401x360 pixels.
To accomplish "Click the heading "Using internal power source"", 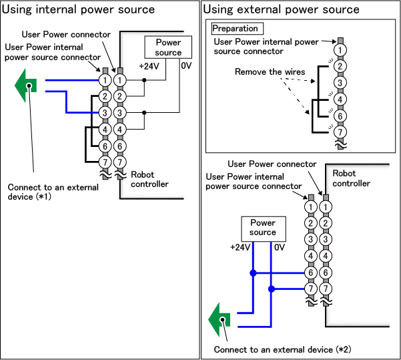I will [x=79, y=9].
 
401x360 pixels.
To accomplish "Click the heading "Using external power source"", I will [x=281, y=9].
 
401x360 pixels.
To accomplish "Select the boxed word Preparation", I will [x=236, y=29].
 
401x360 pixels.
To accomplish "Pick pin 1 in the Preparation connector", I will [x=341, y=49].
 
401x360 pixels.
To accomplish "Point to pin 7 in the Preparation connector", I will [x=341, y=132].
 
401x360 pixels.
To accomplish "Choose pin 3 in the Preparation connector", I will [x=341, y=83].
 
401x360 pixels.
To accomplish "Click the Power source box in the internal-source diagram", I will [x=168, y=47].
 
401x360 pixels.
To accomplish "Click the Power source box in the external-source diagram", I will [x=262, y=227].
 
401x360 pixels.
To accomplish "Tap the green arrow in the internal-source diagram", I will [x=25, y=85].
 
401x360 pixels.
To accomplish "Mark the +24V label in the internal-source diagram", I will [x=148, y=65].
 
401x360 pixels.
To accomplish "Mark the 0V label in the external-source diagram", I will [x=279, y=247].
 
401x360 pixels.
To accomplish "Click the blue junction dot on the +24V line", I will [x=253, y=273].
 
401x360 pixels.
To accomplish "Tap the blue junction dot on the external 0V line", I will [x=271, y=289].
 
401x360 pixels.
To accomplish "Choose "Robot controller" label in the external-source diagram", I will [x=352, y=178].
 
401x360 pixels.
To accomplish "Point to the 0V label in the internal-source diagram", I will [x=186, y=65].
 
